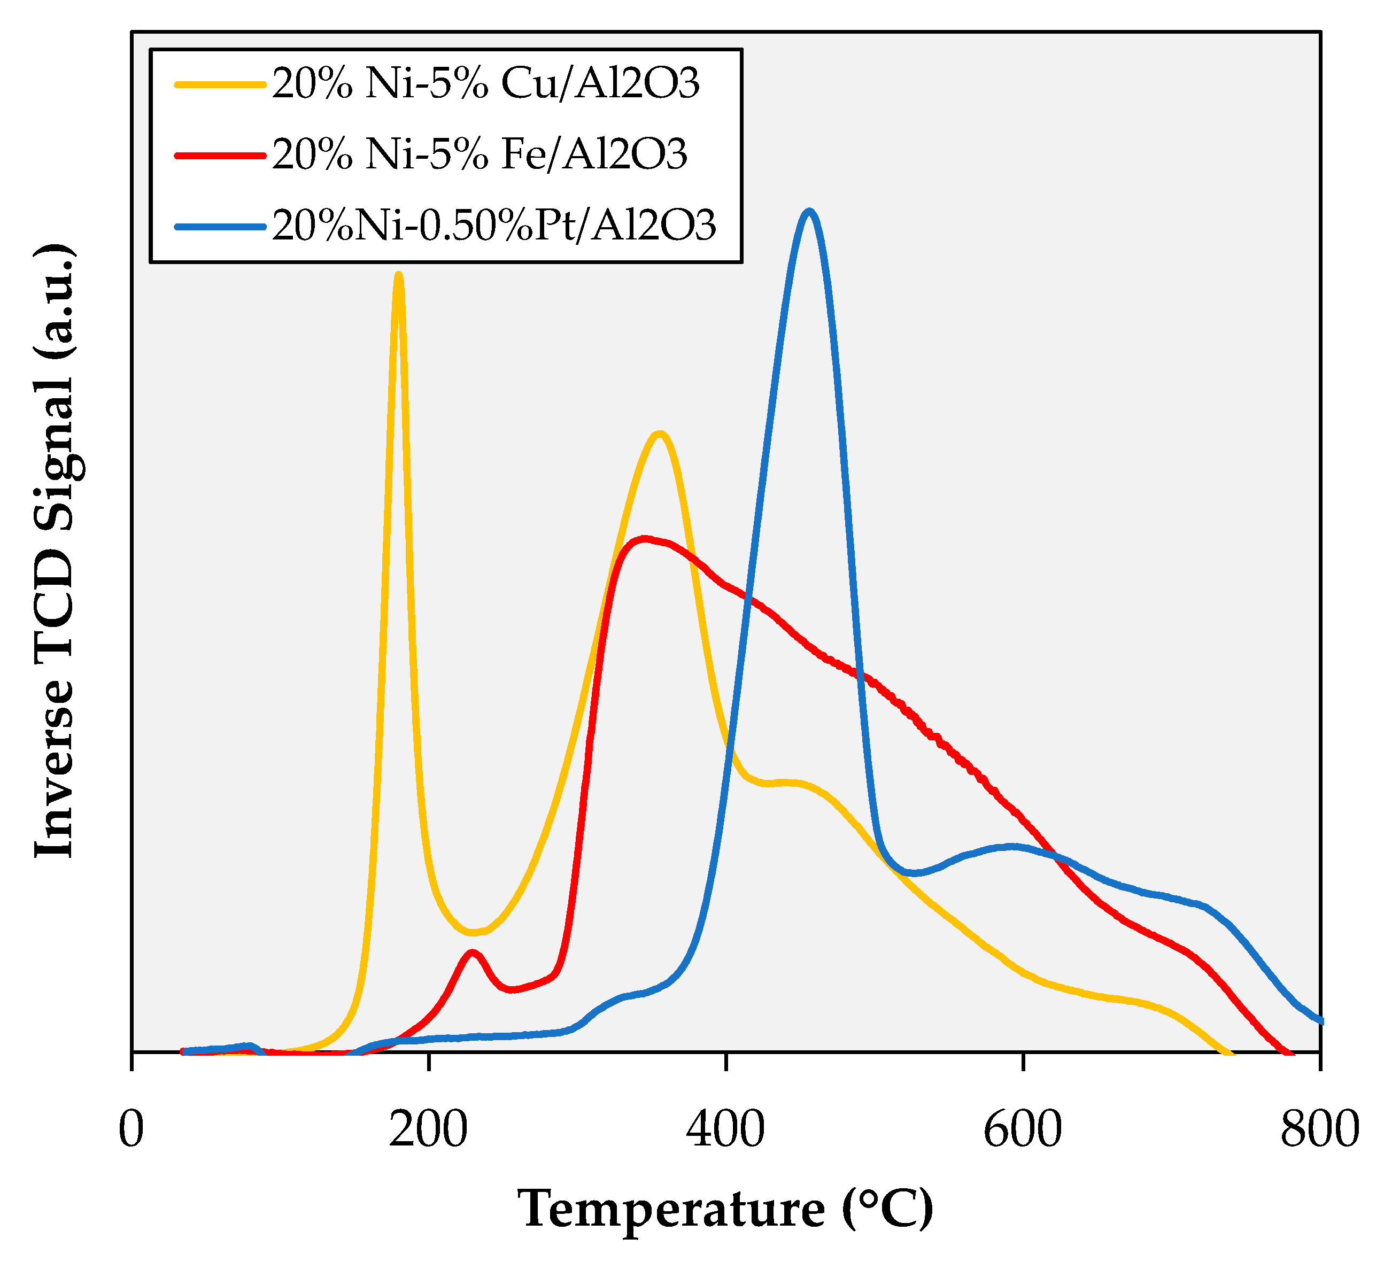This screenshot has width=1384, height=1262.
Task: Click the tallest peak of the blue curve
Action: point(810,212)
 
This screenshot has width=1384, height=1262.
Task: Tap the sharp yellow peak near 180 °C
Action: point(398,275)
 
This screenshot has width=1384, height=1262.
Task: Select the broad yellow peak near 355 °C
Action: point(660,433)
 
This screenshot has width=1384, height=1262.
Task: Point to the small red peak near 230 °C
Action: point(471,953)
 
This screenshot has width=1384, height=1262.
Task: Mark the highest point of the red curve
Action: point(644,538)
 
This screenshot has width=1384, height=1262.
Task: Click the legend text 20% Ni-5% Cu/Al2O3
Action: point(485,84)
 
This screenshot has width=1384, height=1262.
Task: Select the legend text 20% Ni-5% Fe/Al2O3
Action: point(479,154)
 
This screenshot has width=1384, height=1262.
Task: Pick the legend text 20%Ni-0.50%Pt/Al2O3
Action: point(493,225)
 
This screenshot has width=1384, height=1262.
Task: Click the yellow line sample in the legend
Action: point(220,85)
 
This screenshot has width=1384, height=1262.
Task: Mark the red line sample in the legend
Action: point(220,155)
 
